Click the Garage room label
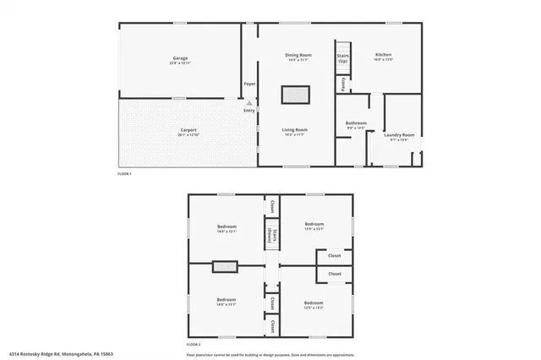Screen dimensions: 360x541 (179, 57)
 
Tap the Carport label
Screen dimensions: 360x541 (188, 129)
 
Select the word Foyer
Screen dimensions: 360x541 (249, 84)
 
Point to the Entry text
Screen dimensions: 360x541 (249, 110)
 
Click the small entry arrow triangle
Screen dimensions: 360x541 (249, 102)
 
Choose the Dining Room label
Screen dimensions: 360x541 (298, 55)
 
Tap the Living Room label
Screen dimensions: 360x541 (294, 129)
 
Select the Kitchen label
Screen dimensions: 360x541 (383, 55)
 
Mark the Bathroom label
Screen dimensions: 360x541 (356, 123)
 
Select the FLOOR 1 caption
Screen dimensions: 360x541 (124, 173)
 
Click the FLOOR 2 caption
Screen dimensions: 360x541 (194, 345)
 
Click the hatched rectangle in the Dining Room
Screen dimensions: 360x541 (294, 94)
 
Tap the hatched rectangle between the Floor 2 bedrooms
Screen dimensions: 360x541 (224, 267)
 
